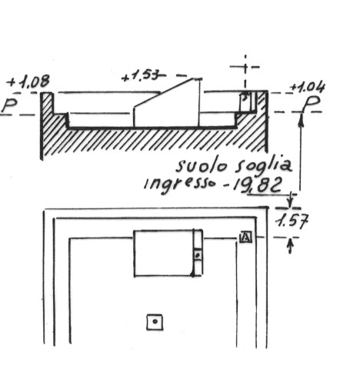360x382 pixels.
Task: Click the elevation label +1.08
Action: (28, 82)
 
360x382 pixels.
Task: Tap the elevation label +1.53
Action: (141, 75)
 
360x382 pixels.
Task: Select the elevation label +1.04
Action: (308, 88)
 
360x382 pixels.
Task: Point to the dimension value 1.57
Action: (292, 221)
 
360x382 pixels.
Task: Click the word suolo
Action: (202, 166)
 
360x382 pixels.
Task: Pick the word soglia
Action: (264, 167)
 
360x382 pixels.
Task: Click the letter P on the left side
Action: (9, 105)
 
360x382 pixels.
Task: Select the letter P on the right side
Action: (312, 104)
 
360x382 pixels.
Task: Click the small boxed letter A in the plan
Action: (246, 237)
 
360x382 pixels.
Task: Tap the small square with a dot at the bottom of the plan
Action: (155, 322)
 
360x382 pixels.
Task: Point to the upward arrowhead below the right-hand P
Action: (301, 120)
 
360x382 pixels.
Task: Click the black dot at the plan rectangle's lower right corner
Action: (193, 274)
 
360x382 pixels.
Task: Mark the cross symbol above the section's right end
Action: (245, 67)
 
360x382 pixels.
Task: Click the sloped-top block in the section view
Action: (166, 102)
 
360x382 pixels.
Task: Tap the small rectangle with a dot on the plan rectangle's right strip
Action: (198, 255)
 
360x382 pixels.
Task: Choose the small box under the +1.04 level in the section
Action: (245, 102)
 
